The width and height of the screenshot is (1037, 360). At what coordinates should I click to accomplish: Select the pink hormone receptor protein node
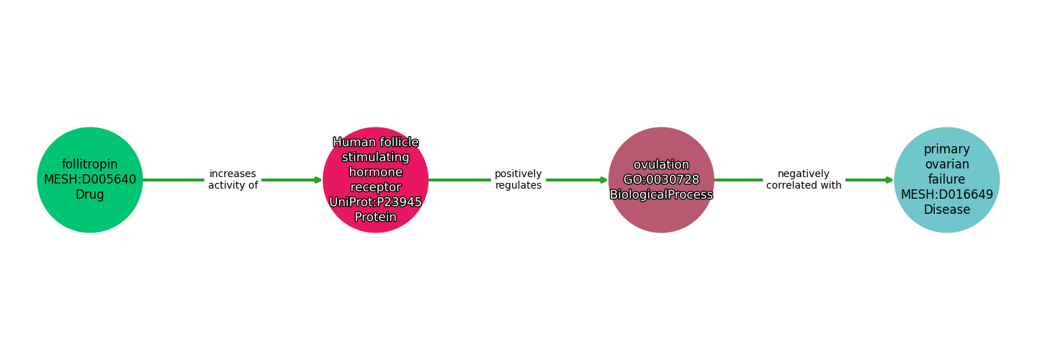click(375, 180)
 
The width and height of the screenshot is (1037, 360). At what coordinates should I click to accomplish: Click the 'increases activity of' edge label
click(233, 180)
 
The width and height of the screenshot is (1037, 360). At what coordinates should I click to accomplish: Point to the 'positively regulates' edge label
click(518, 180)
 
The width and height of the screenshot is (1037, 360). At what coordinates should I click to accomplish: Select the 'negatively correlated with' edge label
click(804, 180)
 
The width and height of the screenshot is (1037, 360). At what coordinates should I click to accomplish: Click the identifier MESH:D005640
click(90, 180)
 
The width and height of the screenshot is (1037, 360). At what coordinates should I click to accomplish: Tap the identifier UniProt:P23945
click(375, 202)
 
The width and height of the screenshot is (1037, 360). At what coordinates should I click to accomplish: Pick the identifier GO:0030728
click(661, 180)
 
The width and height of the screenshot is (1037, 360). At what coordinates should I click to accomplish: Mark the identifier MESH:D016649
click(947, 194)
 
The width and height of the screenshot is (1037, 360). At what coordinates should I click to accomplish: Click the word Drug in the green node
click(90, 195)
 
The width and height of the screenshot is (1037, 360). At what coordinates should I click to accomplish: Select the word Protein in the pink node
click(375, 217)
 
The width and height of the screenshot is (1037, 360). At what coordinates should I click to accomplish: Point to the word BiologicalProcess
click(661, 195)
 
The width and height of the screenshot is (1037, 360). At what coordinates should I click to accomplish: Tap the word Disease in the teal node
click(947, 210)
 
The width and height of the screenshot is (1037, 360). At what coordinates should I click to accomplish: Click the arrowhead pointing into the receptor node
click(318, 180)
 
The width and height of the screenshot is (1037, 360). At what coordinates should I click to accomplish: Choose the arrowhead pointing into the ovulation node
click(603, 180)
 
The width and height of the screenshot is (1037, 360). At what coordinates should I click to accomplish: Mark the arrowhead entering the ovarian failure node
click(889, 180)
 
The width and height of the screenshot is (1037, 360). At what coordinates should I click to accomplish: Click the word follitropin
click(90, 164)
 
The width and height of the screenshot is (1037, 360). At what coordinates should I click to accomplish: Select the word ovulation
click(661, 165)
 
